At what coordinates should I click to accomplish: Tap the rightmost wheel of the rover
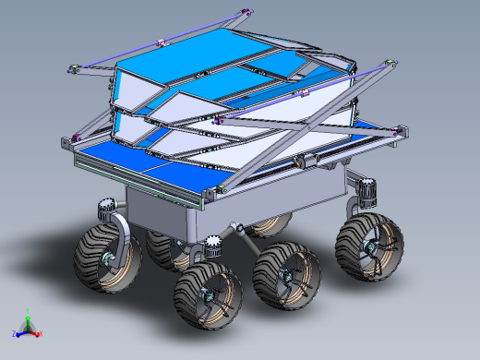tap(370, 246)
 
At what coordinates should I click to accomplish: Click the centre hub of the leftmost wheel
tap(112, 260)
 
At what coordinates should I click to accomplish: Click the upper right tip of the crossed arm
tap(393, 62)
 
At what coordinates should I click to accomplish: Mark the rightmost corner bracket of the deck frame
tap(399, 133)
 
